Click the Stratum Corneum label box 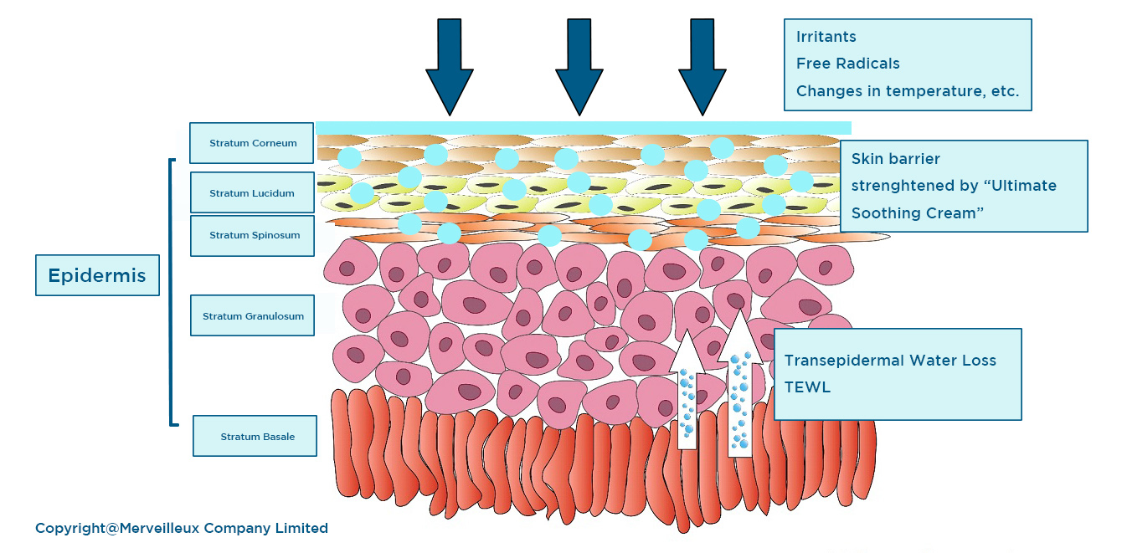tap(252, 143)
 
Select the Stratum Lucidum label tap(252, 193)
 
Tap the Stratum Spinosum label tap(252, 235)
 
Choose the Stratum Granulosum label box tap(252, 316)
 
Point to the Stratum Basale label tap(255, 436)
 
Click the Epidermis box tap(97, 275)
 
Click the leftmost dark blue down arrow tap(450, 67)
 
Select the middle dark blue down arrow tap(579, 67)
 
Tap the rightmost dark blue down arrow tap(702, 67)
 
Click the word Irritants tap(826, 37)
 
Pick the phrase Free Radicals tap(847, 64)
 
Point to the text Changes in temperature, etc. tap(907, 91)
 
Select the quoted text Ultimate tap(1018, 186)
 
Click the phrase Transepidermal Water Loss tap(889, 361)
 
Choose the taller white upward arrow tap(739, 385)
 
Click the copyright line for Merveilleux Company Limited tap(182, 528)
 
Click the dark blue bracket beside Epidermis tap(172, 292)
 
